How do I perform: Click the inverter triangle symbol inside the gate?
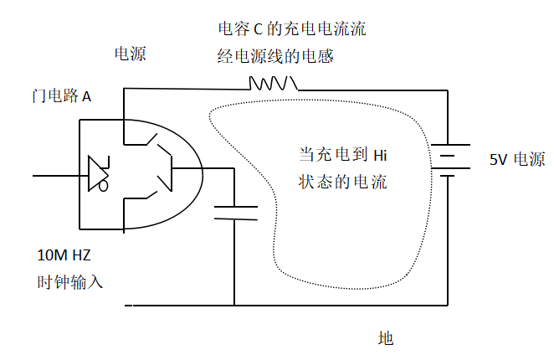click(97, 175)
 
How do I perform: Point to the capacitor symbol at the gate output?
click(235, 211)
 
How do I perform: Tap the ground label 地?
click(385, 338)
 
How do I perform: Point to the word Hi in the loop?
click(381, 155)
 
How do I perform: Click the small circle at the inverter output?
click(105, 186)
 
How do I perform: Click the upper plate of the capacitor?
click(235, 204)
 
